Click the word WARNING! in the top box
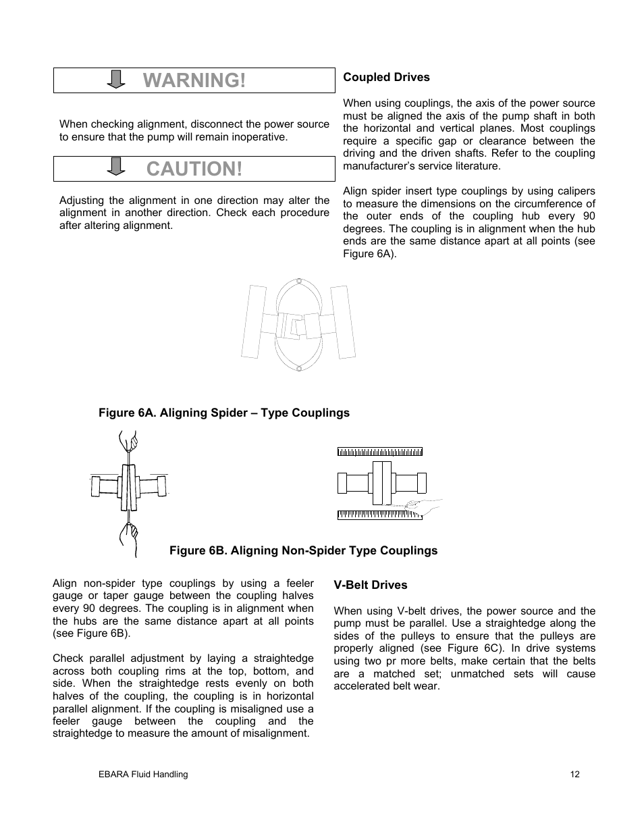pyautogui.click(x=194, y=80)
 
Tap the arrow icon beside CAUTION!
pyautogui.click(x=117, y=167)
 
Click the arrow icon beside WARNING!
pyautogui.click(x=117, y=79)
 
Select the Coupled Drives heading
pyautogui.click(x=386, y=77)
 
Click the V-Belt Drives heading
pyautogui.click(x=371, y=585)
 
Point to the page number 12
pyautogui.click(x=574, y=775)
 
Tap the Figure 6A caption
pyautogui.click(x=224, y=413)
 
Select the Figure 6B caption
pyautogui.click(x=303, y=550)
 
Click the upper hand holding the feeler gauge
pyautogui.click(x=128, y=444)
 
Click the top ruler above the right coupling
pyautogui.click(x=380, y=451)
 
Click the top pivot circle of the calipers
pyautogui.click(x=297, y=280)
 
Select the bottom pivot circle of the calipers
pyautogui.click(x=297, y=368)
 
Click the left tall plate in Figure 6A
pyautogui.click(x=252, y=321)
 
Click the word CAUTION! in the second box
pyautogui.click(x=194, y=169)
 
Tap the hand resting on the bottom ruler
pyautogui.click(x=422, y=504)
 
